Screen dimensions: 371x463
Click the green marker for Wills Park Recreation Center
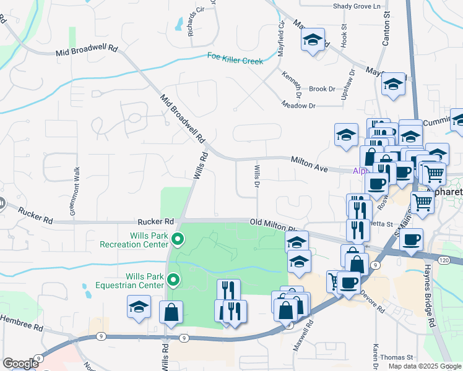(178, 238)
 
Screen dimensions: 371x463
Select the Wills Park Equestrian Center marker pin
(174, 281)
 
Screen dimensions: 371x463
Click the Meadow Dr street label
(298, 106)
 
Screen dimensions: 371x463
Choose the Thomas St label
(396, 357)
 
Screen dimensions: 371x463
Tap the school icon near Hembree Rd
(139, 306)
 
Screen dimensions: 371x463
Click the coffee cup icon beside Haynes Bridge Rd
(412, 239)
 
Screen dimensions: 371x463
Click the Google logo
(20, 364)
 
